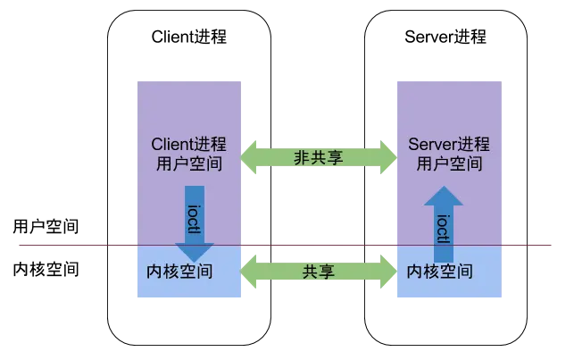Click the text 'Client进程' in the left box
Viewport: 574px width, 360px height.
(x=188, y=144)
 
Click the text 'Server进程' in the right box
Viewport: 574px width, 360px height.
(x=448, y=144)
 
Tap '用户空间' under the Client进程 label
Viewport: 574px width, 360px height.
(x=188, y=163)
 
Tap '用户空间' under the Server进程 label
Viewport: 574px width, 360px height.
(x=448, y=163)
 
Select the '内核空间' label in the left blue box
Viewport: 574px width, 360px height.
(x=179, y=269)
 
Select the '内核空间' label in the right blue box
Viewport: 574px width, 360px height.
(x=440, y=269)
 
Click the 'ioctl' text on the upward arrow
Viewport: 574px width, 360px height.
(x=442, y=228)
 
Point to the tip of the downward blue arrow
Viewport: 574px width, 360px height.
(x=195, y=258)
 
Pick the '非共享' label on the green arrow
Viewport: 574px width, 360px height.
(x=318, y=157)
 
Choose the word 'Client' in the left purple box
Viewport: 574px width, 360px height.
(x=171, y=144)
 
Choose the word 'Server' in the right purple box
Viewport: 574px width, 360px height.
(x=430, y=144)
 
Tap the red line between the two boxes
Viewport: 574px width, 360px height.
(x=318, y=245)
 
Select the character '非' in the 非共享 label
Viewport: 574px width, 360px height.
(x=302, y=157)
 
